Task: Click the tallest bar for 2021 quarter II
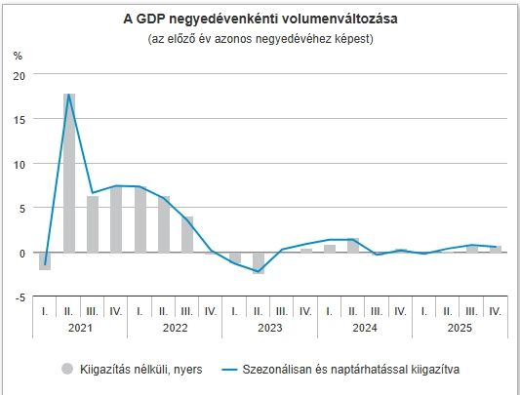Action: pyautogui.click(x=69, y=173)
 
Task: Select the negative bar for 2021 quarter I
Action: pyautogui.click(x=45, y=260)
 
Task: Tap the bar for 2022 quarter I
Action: pyautogui.click(x=140, y=219)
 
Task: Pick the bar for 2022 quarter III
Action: pyautogui.click(x=187, y=234)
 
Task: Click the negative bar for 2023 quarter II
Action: pyautogui.click(x=259, y=262)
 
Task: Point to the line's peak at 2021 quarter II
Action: pyautogui.click(x=69, y=95)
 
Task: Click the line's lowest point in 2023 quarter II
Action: pyautogui.click(x=259, y=272)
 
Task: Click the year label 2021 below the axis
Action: pyautogui.click(x=80, y=330)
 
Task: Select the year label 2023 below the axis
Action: pyautogui.click(x=270, y=330)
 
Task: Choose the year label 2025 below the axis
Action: pyautogui.click(x=460, y=330)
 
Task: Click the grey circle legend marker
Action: pyautogui.click(x=67, y=369)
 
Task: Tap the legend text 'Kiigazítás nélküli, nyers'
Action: pyautogui.click(x=140, y=369)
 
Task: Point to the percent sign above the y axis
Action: pyautogui.click(x=18, y=56)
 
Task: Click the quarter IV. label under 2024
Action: pyautogui.click(x=400, y=311)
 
